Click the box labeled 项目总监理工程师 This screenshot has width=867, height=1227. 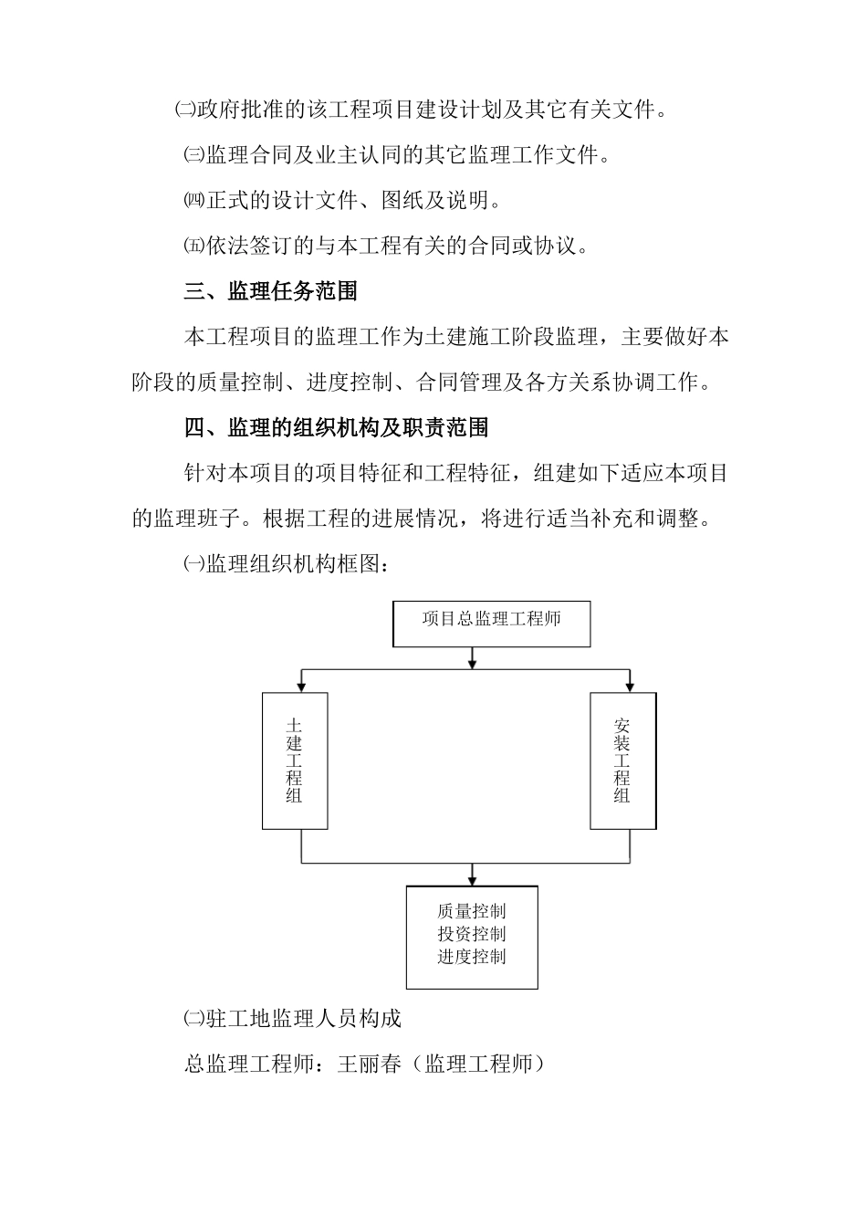pos(491,623)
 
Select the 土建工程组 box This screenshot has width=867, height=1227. pos(294,760)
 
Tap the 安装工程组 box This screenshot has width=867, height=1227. pos(622,760)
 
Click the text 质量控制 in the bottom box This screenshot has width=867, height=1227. pos(471,911)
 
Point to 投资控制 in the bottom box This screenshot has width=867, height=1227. pos(471,934)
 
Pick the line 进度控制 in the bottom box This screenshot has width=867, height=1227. pos(471,957)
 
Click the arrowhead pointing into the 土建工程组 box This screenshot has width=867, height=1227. pos(301,686)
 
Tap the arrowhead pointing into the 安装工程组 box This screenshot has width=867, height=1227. pos(630,686)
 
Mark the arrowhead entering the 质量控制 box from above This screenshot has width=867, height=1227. pos(472,879)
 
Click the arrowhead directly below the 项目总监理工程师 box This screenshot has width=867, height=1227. pos(472,661)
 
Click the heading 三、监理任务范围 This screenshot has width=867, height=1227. pos(270,291)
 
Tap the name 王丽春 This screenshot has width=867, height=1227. pos(369,1064)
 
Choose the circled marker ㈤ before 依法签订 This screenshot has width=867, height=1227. pos(194,246)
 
